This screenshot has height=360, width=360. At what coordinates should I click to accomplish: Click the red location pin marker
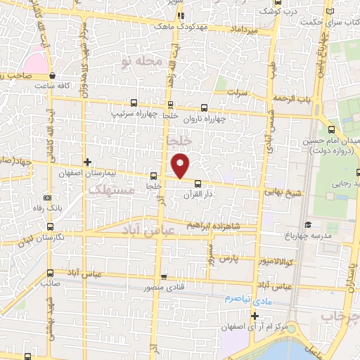click(181, 165)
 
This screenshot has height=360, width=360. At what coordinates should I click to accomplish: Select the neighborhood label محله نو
click(143, 62)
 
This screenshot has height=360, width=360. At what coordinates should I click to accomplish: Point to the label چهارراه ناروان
click(205, 118)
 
